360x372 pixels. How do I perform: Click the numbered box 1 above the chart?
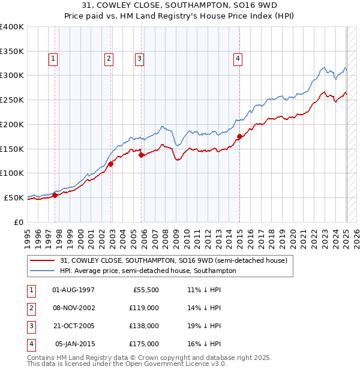click(x=53, y=58)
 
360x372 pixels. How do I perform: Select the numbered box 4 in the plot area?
click(x=238, y=58)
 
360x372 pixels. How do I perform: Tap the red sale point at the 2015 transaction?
click(x=239, y=136)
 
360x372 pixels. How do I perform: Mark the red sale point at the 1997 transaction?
click(x=55, y=194)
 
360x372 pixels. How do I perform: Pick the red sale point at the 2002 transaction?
click(x=111, y=163)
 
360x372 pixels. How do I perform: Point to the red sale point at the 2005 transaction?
click(x=142, y=154)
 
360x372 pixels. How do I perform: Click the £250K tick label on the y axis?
click(x=12, y=100)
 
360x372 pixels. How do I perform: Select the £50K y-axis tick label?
click(x=14, y=197)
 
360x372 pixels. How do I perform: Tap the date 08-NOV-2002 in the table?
click(x=74, y=308)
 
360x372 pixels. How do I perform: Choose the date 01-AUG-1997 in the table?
click(x=74, y=290)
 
